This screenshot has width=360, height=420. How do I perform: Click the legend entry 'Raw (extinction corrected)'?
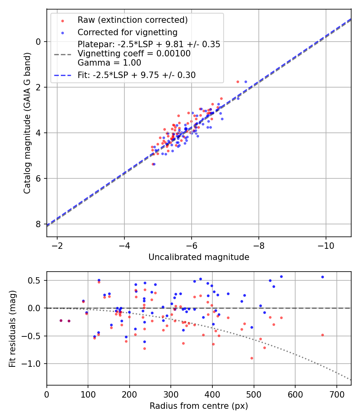[x=132, y=20]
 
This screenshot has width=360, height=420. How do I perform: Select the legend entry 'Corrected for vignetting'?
[x=128, y=32]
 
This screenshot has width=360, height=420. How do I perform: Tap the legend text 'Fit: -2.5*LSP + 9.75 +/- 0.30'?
[x=136, y=75]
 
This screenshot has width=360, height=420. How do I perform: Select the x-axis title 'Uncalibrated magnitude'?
[x=199, y=257]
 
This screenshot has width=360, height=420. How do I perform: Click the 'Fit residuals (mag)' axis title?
[x=12, y=328]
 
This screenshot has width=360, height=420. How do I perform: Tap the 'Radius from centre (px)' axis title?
[x=199, y=406]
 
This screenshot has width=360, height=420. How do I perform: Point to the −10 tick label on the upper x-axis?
[x=326, y=245]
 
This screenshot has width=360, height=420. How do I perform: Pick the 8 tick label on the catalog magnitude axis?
[x=39, y=224]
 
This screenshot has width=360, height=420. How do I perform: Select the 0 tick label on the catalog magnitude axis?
[x=39, y=42]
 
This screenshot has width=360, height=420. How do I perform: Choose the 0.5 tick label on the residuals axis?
[x=36, y=280]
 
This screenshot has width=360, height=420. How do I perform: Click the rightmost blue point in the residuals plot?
[x=322, y=277]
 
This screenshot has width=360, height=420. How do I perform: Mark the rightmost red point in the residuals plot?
[x=322, y=335]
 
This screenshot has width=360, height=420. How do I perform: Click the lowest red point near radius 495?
[x=252, y=358]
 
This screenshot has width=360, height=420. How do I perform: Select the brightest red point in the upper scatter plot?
[x=238, y=82]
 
